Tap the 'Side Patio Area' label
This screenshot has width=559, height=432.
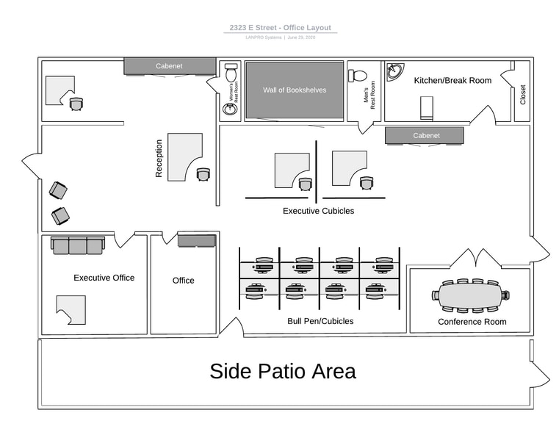tap(283, 371)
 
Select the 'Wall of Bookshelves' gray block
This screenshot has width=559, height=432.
tap(295, 90)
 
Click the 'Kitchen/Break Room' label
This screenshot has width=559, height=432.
tap(452, 80)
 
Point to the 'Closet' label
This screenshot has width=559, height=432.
tap(523, 95)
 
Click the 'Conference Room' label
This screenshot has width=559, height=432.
tap(472, 322)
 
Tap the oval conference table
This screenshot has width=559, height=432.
tap(471, 295)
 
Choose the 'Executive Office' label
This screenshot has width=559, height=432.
tap(104, 278)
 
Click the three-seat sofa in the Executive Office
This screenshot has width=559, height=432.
tap(78, 245)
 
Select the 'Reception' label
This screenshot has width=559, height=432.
tap(159, 159)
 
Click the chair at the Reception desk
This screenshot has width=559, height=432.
tap(203, 174)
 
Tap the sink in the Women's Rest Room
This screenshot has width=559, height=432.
tap(230, 109)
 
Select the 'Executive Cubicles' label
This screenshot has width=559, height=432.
tap(318, 211)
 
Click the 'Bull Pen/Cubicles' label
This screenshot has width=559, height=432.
tap(320, 321)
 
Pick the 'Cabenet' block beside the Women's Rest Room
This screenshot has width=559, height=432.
tap(169, 66)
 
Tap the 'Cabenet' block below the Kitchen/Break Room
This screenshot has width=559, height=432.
tap(425, 136)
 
